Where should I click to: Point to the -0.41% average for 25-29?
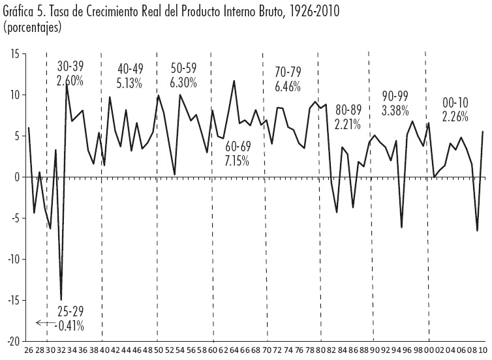click(x=70, y=325)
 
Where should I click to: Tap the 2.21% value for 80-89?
click(x=348, y=123)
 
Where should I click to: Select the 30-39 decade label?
click(x=70, y=67)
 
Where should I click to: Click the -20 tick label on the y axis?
click(x=11, y=341)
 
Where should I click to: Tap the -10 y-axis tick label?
click(x=11, y=259)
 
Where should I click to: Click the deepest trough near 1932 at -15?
click(x=61, y=299)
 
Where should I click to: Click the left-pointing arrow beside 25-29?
click(x=44, y=322)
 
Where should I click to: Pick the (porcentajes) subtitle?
click(x=32, y=27)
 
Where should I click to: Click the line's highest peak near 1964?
click(x=234, y=81)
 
